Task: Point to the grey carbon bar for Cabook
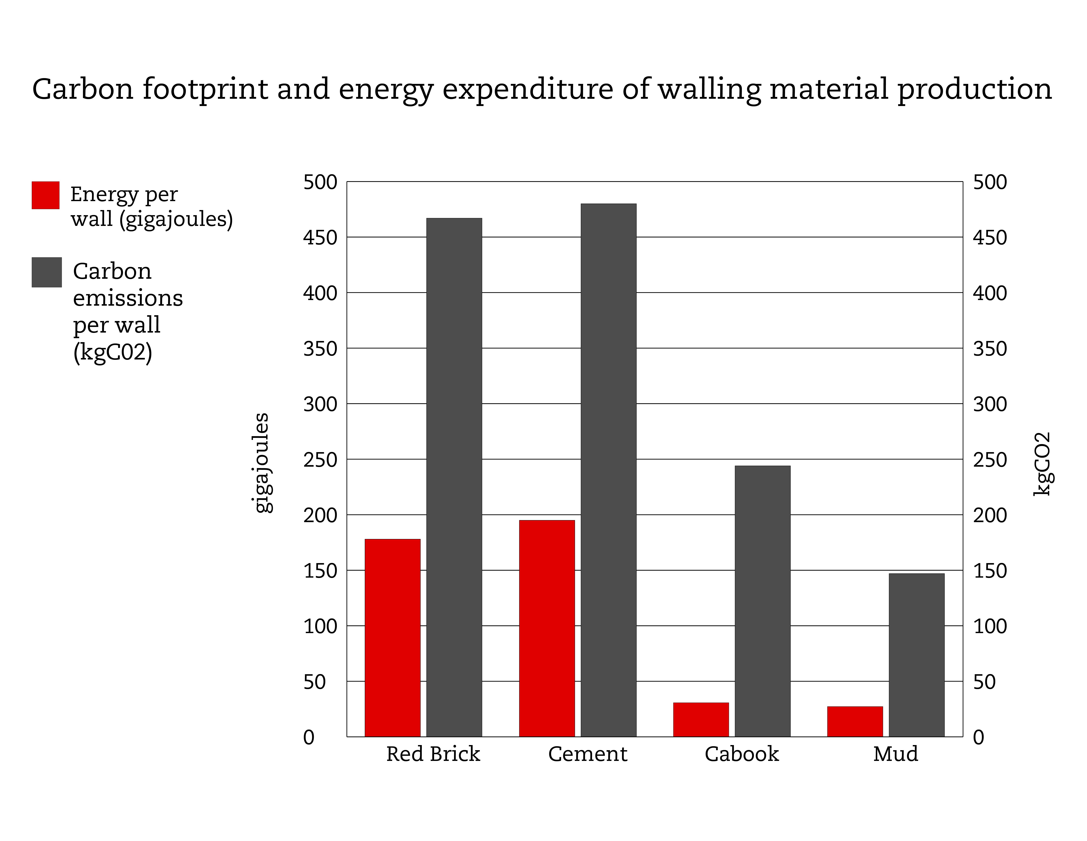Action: [x=762, y=601]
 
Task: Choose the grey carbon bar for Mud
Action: [x=916, y=655]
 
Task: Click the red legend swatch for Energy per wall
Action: [x=45, y=195]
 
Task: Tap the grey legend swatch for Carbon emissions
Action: [x=46, y=272]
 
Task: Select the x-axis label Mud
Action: [x=895, y=754]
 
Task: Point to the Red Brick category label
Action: [x=433, y=754]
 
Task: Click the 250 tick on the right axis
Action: [x=989, y=460]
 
